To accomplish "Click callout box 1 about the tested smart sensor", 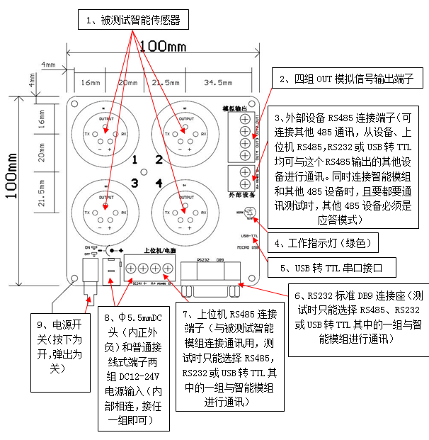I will coord(132,21).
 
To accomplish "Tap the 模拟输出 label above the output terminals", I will coord(236,107).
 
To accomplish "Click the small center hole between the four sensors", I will coord(146,171).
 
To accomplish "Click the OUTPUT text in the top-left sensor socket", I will coord(106,118).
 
